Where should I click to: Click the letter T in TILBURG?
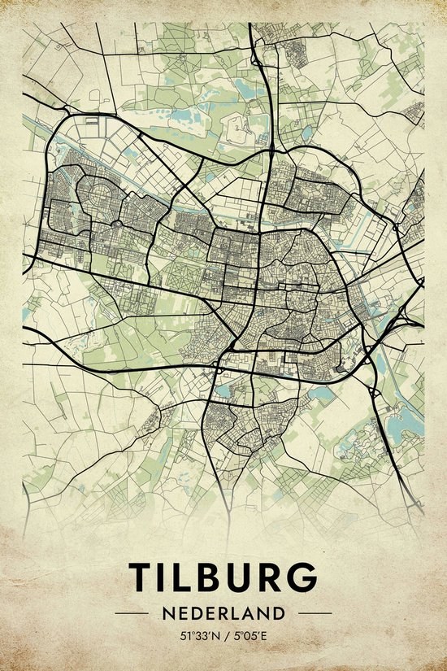pyautogui.click(x=143, y=577)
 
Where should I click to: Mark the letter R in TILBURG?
pyautogui.click(x=271, y=577)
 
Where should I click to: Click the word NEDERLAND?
pyautogui.click(x=223, y=612)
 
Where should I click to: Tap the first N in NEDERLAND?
pyautogui.click(x=167, y=612)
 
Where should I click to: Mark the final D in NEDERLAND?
pyautogui.click(x=280, y=612)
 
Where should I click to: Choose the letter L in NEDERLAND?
pyautogui.click(x=236, y=612)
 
